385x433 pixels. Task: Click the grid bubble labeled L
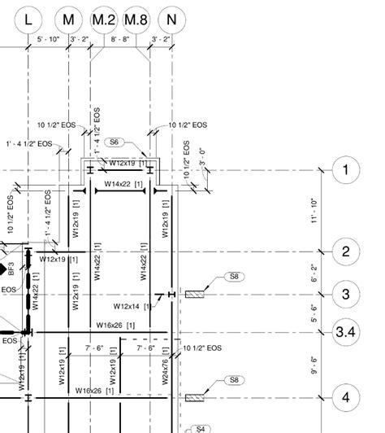(x=28, y=19)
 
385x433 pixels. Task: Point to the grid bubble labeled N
(x=171, y=19)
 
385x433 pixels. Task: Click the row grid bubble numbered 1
(x=346, y=170)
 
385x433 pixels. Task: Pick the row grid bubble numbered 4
(x=346, y=398)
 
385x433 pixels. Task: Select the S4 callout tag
(x=201, y=428)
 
